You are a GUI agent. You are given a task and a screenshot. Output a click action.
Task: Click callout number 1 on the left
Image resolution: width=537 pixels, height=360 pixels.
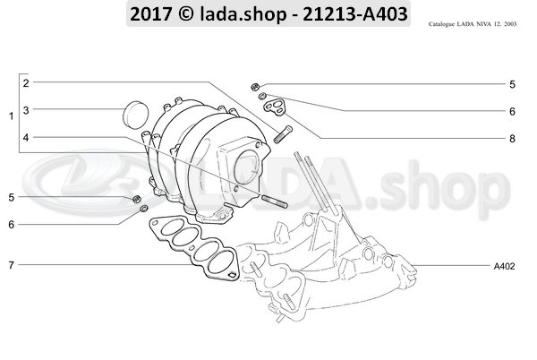coord(11,117)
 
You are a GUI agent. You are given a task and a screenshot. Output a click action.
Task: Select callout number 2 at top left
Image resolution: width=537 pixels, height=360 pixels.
coord(27,83)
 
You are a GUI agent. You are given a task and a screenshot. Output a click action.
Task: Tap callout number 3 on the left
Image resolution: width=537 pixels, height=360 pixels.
coord(27,110)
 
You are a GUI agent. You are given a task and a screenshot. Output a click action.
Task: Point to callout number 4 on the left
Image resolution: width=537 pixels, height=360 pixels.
coord(27,138)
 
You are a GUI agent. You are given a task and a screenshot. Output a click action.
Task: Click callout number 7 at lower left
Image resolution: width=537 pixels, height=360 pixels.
coord(11,266)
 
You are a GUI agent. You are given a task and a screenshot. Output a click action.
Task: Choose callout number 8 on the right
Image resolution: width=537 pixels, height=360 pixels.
coord(512,139)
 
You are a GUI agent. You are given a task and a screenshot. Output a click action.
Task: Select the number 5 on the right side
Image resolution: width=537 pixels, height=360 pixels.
coord(512,85)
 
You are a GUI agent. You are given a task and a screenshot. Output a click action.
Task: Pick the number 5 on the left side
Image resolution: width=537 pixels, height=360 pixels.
coord(11,197)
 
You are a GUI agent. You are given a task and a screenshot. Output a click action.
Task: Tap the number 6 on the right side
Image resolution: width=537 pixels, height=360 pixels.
coord(512,112)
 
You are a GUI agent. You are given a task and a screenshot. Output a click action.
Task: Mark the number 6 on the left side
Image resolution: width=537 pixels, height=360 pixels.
coord(11,224)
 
